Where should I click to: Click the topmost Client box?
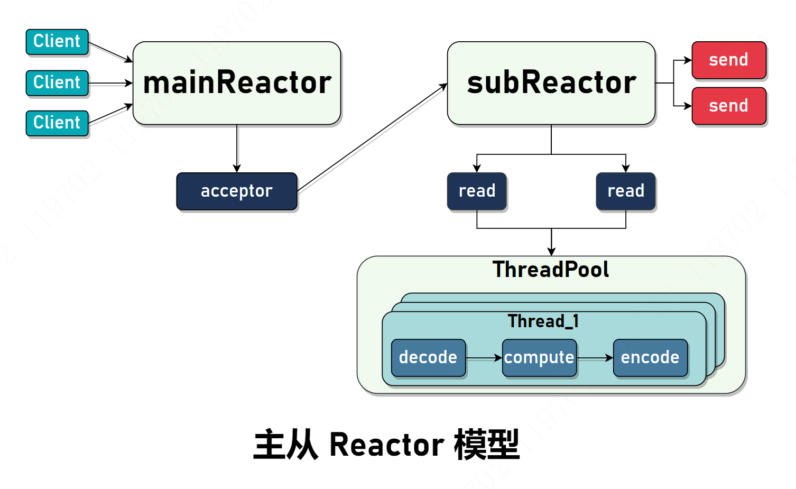tap(57, 42)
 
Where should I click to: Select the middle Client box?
tap(57, 83)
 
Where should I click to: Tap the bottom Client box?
tap(57, 123)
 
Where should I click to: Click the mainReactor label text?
tap(237, 82)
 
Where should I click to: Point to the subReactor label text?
tap(551, 82)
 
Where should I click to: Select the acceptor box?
tap(237, 191)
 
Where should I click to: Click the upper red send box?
tap(729, 60)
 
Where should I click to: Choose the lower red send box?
tap(729, 106)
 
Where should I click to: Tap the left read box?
tap(477, 191)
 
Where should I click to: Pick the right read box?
tap(626, 191)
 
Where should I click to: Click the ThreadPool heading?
tap(551, 269)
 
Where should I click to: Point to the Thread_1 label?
tap(543, 321)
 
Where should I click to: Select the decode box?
tap(428, 357)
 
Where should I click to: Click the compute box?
tap(539, 357)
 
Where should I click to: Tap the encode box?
tap(650, 357)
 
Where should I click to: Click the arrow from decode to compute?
tap(484, 358)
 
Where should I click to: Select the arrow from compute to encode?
tap(595, 358)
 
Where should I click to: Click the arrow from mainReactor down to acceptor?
tap(237, 149)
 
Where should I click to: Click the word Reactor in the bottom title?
tap(387, 445)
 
